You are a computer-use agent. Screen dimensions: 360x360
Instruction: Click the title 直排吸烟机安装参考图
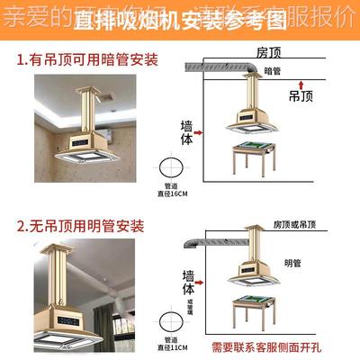pyautogui.click(x=179, y=19)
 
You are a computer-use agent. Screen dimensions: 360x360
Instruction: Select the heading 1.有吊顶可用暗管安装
pyautogui.click(x=87, y=61)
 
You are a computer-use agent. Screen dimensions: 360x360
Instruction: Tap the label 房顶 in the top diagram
pyautogui.click(x=269, y=52)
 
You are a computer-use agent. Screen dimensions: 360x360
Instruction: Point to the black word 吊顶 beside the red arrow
pyautogui.click(x=301, y=94)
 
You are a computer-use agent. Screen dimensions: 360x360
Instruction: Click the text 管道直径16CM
pyautogui.click(x=171, y=189)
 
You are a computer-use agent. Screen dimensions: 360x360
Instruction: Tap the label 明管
pyautogui.click(x=292, y=263)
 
